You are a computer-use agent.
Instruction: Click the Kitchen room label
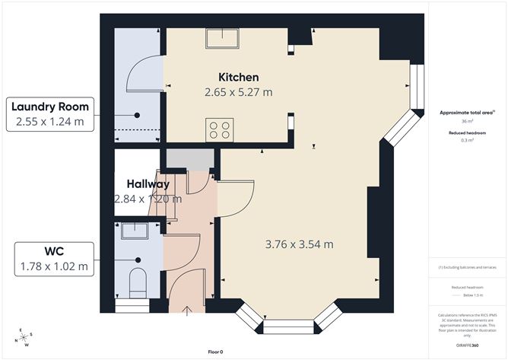click(239, 78)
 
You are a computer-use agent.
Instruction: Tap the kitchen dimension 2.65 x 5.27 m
click(239, 92)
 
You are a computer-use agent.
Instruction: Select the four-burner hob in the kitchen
click(221, 129)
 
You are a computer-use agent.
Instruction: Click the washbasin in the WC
click(132, 230)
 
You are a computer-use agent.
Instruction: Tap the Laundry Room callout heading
click(50, 106)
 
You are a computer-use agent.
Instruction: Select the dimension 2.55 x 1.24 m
click(50, 121)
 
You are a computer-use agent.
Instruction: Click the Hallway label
click(148, 184)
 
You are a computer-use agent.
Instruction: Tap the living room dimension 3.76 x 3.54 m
click(300, 244)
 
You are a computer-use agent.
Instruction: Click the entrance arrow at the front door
click(189, 308)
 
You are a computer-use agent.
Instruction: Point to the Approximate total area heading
click(467, 112)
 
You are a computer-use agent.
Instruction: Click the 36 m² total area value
click(467, 122)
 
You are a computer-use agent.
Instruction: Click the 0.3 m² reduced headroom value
click(467, 141)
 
